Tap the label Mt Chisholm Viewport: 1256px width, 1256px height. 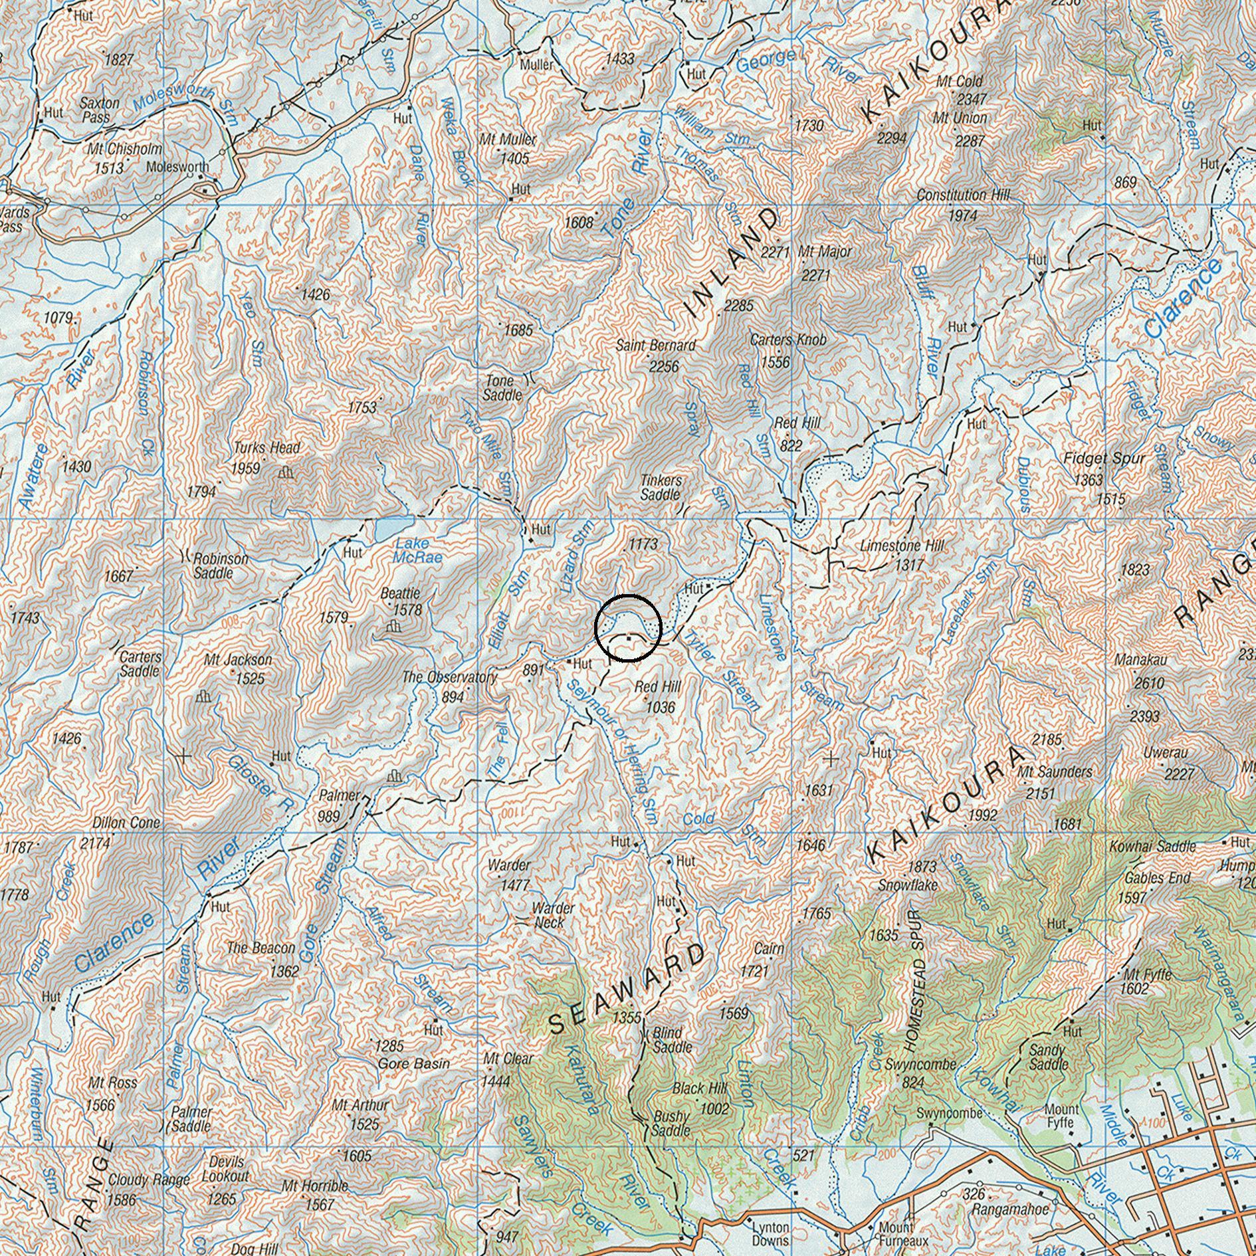click(124, 149)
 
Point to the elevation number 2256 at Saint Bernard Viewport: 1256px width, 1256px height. click(664, 366)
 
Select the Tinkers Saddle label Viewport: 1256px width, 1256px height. click(661, 487)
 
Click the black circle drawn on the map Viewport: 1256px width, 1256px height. click(628, 627)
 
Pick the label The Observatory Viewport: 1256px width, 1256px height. click(449, 677)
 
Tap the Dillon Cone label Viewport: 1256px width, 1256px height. click(126, 823)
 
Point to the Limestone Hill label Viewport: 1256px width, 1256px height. click(901, 546)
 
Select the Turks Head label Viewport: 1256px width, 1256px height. click(266, 448)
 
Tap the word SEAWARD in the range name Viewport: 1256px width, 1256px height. click(628, 987)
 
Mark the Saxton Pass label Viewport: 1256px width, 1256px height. click(100, 110)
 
